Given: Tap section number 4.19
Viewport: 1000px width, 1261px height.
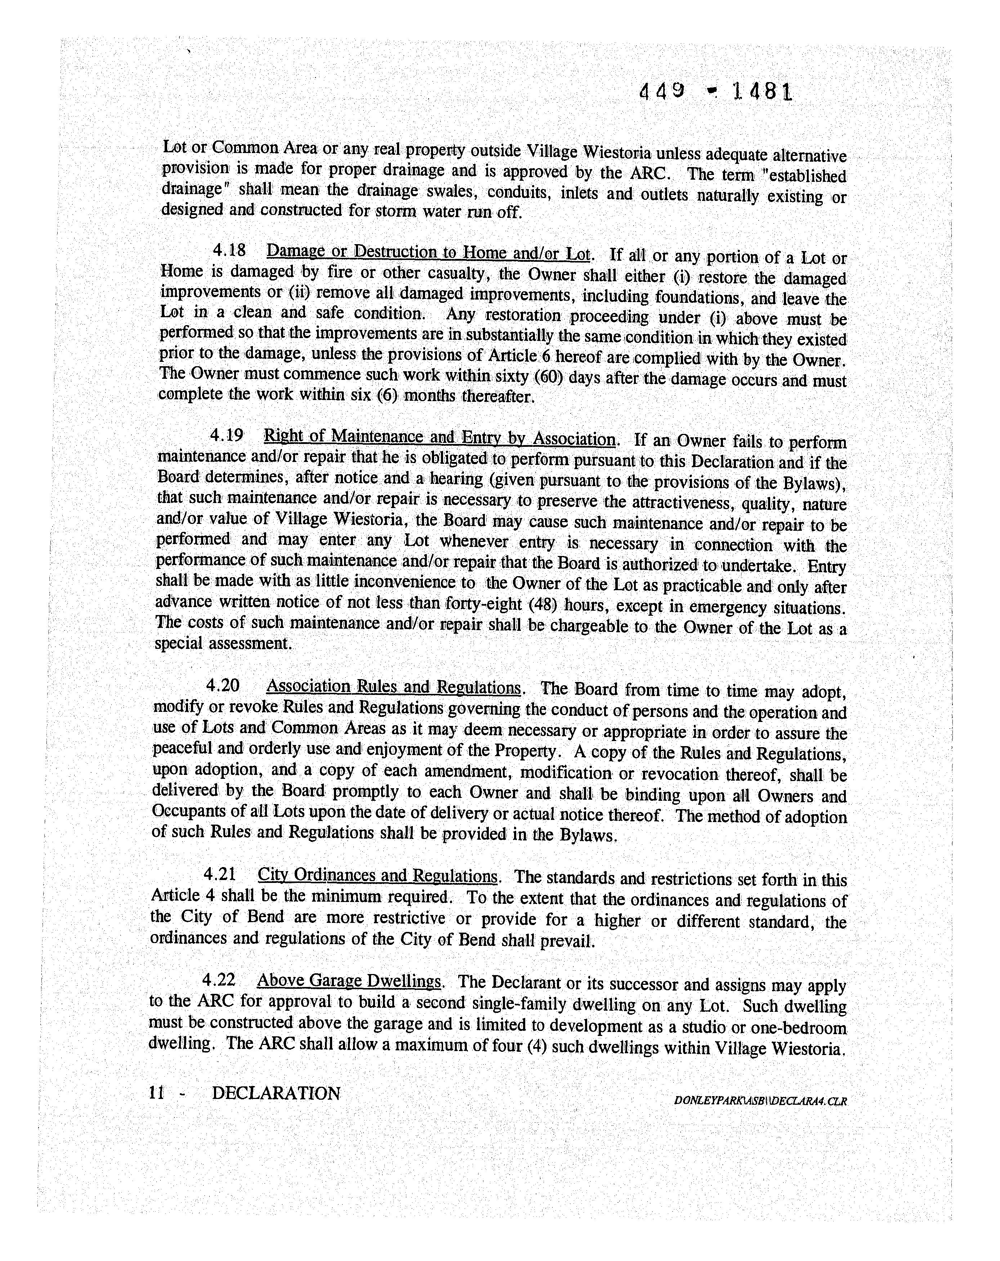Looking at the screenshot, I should (x=227, y=435).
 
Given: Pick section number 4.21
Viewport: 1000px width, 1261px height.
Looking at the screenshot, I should (x=219, y=874).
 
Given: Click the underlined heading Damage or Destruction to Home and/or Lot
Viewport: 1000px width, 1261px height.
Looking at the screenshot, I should (x=429, y=253).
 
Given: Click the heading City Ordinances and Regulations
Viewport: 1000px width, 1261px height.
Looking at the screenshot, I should (x=378, y=876).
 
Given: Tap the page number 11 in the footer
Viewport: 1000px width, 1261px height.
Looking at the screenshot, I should (x=156, y=1092).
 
